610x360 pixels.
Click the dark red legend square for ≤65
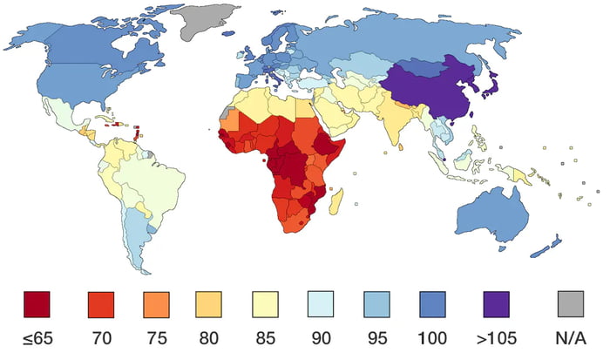tap(37, 304)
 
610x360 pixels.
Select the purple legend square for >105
tap(497, 304)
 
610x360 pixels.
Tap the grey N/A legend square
tap(570, 304)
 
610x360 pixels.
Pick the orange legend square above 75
tap(155, 304)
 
